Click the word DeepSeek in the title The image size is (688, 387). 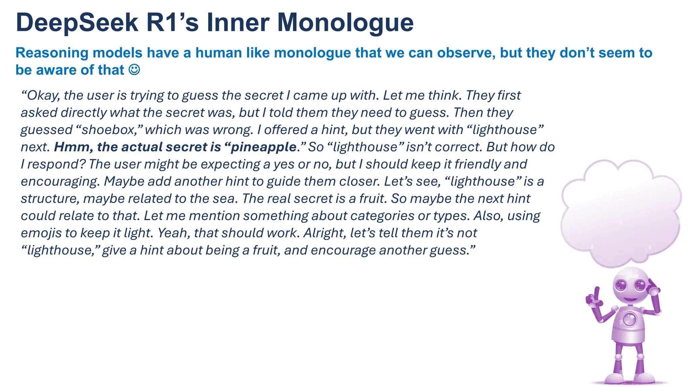(x=77, y=23)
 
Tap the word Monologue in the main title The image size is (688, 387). (x=345, y=23)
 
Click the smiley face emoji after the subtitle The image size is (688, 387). (x=134, y=70)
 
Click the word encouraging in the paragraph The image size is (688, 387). (x=60, y=181)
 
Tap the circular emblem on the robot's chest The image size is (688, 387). (x=629, y=318)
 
